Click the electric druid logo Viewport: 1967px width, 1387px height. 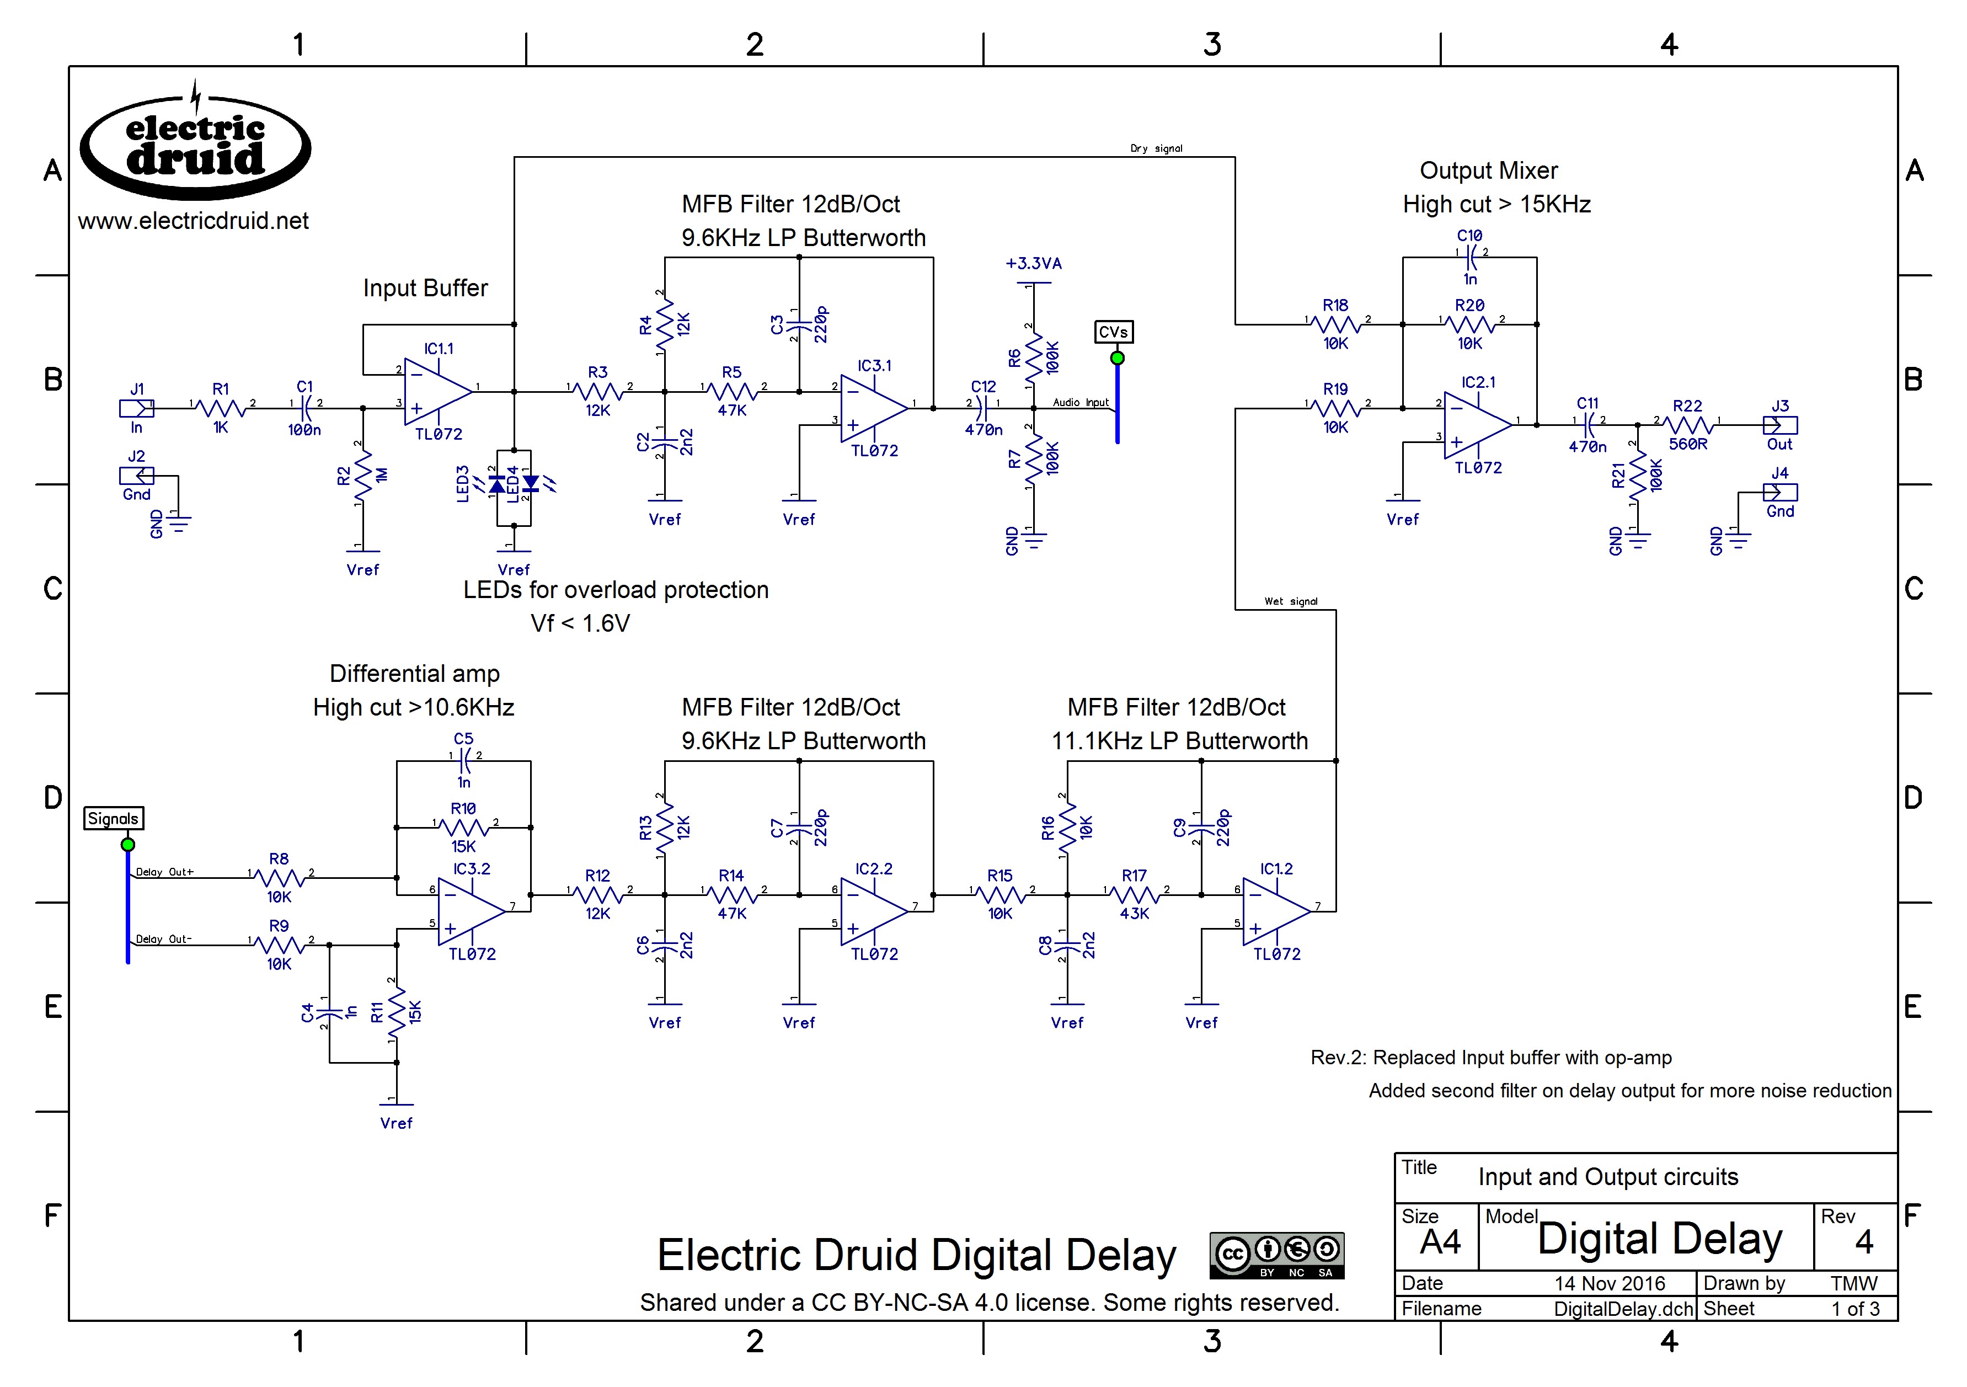(x=195, y=147)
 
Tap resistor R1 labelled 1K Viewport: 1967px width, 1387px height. (x=221, y=409)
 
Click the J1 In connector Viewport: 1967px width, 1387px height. (x=136, y=409)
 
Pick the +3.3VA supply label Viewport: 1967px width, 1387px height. (x=1033, y=264)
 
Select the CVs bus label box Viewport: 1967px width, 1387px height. (x=1113, y=332)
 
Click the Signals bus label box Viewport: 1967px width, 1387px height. (x=113, y=819)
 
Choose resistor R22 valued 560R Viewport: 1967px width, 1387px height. (x=1688, y=425)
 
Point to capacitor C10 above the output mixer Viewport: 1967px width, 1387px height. (x=1470, y=254)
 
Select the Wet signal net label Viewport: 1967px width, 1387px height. (x=1290, y=601)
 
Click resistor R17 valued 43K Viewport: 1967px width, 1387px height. (x=1134, y=895)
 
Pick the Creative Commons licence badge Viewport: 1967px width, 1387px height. (x=1276, y=1256)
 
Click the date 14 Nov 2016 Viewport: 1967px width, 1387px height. (x=1609, y=1283)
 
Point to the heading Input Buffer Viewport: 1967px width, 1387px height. (x=425, y=288)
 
